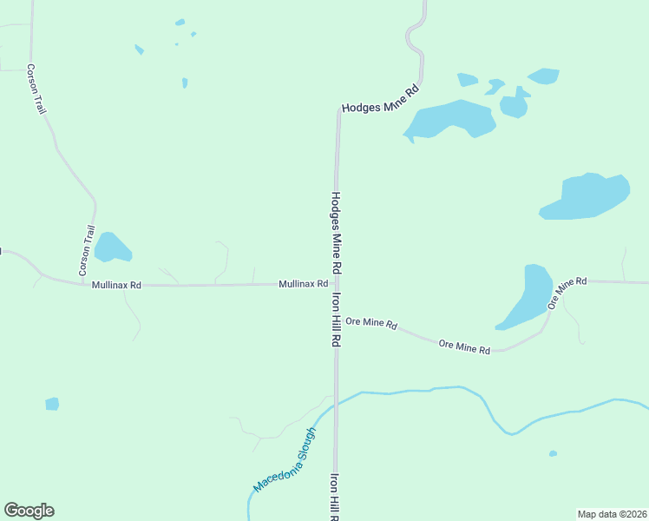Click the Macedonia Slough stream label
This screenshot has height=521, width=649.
click(x=285, y=460)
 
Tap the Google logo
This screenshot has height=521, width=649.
click(x=29, y=511)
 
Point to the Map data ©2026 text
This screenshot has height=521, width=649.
click(x=612, y=514)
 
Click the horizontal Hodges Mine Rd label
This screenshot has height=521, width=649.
click(x=380, y=99)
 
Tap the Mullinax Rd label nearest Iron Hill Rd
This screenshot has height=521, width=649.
click(x=303, y=284)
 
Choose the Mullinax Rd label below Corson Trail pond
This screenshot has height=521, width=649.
click(x=116, y=285)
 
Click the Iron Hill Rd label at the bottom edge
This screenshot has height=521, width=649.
click(x=334, y=498)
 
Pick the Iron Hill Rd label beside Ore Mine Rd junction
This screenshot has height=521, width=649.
click(x=335, y=320)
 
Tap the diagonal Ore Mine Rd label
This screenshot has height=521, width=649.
click(x=567, y=293)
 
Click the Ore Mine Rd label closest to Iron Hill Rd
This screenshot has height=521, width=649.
click(x=370, y=323)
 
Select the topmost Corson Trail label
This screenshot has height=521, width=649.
click(x=36, y=89)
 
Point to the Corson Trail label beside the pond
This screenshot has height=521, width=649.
click(x=87, y=251)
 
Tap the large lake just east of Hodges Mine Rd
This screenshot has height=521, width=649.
click(x=448, y=120)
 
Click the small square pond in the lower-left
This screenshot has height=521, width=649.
click(x=52, y=404)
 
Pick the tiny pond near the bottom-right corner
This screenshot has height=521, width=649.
click(x=553, y=453)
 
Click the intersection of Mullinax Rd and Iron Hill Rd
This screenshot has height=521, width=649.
click(x=337, y=283)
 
